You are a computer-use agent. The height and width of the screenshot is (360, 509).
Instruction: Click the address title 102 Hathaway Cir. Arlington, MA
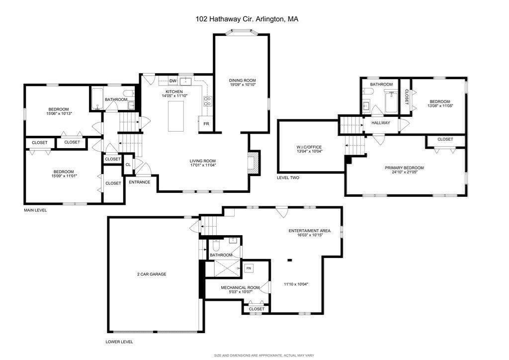pyautogui.click(x=247, y=19)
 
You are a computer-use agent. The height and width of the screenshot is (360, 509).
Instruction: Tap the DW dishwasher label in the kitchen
pyautogui.click(x=173, y=81)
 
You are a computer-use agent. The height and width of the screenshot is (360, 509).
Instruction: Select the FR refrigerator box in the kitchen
pyautogui.click(x=206, y=124)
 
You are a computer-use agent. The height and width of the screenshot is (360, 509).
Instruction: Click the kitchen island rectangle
pyautogui.click(x=175, y=116)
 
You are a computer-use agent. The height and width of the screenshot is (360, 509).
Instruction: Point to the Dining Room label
pyautogui.click(x=243, y=80)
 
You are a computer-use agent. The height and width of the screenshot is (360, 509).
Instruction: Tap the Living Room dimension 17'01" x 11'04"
pyautogui.click(x=203, y=165)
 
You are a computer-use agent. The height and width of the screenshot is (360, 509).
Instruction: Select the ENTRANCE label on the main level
pyautogui.click(x=140, y=182)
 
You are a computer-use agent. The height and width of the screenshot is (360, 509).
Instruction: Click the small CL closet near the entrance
pyautogui.click(x=128, y=165)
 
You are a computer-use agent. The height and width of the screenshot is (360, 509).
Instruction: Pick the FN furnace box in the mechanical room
pyautogui.click(x=249, y=269)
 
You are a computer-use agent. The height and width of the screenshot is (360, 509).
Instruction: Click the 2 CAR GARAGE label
pyautogui.click(x=152, y=274)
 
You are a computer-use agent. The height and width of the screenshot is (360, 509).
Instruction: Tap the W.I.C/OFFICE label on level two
pyautogui.click(x=309, y=147)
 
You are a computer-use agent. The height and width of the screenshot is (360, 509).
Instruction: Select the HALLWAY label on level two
pyautogui.click(x=381, y=123)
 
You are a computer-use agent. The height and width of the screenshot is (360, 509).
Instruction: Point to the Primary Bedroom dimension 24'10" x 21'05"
pyautogui.click(x=405, y=172)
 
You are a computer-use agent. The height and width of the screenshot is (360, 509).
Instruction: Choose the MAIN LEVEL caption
pyautogui.click(x=35, y=210)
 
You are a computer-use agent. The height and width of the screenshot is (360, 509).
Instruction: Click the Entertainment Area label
pyautogui.click(x=310, y=231)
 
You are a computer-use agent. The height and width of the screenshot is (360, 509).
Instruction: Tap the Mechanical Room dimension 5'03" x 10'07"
pyautogui.click(x=240, y=292)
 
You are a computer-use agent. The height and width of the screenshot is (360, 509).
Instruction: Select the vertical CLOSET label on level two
pyautogui.click(x=407, y=97)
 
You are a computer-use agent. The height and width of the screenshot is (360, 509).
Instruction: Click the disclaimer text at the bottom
pyautogui.click(x=264, y=356)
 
